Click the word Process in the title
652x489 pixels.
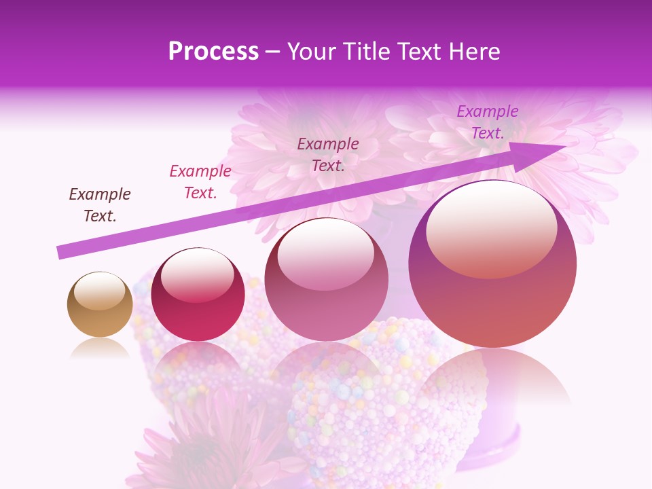[x=213, y=52]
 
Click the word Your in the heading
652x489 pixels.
[x=312, y=52]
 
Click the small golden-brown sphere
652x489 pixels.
[x=100, y=304]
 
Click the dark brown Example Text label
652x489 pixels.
[x=100, y=204]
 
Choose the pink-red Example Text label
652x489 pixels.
[x=200, y=181]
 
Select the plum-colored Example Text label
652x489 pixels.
[x=328, y=154]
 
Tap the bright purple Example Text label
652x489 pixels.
[x=487, y=122]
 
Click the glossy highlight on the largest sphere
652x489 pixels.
[x=491, y=228]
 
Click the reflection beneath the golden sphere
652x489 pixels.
[x=100, y=348]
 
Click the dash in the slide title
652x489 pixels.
[x=273, y=52]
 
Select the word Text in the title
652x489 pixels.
[x=416, y=52]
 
